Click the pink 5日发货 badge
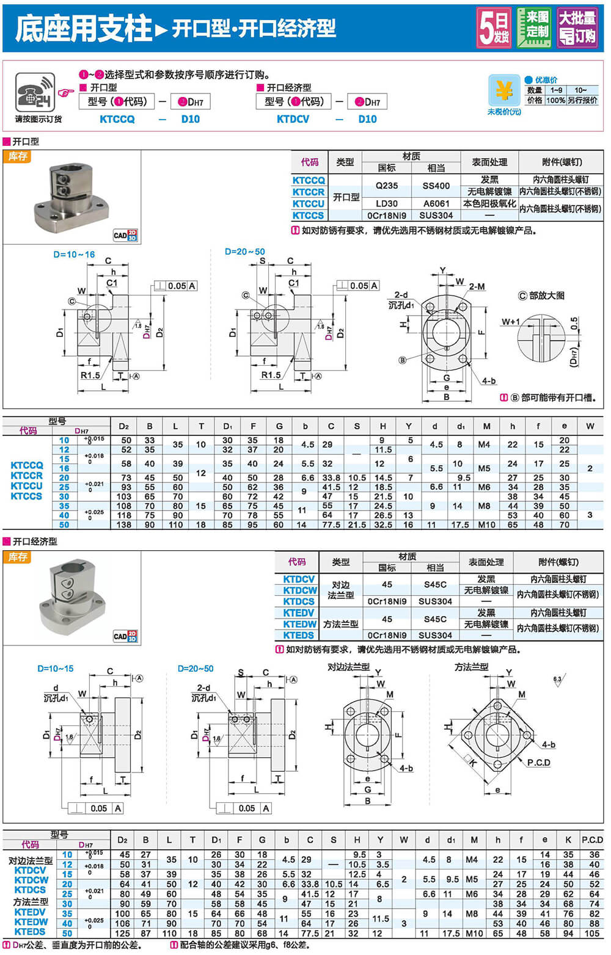[x=494, y=27]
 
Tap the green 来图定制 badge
[x=534, y=27]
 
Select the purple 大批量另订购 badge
[x=577, y=27]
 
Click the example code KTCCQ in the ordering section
[x=117, y=119]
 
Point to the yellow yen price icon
[x=503, y=91]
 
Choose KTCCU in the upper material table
[x=309, y=204]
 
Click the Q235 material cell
[x=387, y=186]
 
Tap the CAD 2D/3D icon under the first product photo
[x=125, y=235]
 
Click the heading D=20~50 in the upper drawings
[x=244, y=252]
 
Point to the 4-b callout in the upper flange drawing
[x=488, y=381]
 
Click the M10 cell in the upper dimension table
[x=486, y=525]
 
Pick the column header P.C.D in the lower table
[x=592, y=840]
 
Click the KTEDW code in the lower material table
[x=300, y=624]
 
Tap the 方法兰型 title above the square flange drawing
[x=471, y=667]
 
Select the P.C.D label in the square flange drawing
[x=538, y=763]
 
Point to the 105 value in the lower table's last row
[x=591, y=933]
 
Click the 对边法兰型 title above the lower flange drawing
[x=348, y=667]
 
